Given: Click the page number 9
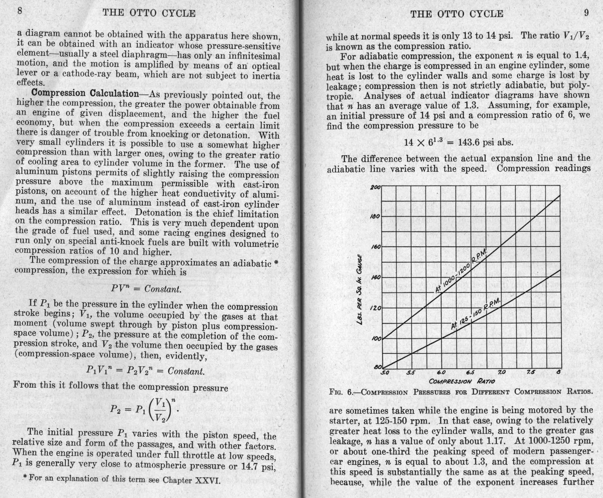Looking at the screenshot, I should (x=586, y=13).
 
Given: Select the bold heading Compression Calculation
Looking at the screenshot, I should (x=85, y=93).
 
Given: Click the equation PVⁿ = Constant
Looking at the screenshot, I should (x=146, y=289).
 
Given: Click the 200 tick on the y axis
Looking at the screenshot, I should (x=375, y=188).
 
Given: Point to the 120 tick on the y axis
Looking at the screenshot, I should (x=375, y=308).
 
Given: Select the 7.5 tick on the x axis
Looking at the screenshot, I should (x=531, y=372).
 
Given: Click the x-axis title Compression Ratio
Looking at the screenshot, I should (x=462, y=381).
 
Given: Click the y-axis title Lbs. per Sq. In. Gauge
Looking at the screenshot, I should (x=360, y=289).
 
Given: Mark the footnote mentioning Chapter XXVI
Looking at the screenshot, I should (x=121, y=479).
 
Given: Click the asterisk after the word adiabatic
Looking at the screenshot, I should (x=275, y=263).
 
